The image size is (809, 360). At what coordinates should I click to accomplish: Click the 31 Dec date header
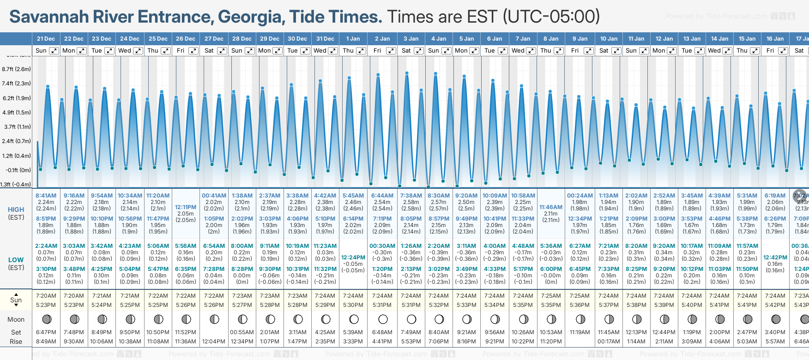325,39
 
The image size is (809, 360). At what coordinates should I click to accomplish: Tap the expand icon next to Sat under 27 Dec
222,51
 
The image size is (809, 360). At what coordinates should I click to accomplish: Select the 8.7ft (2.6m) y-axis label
16,69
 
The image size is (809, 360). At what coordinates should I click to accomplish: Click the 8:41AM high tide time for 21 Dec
46,196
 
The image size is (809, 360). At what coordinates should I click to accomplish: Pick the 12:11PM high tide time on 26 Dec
186,207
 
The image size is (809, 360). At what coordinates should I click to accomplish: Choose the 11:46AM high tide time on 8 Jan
551,207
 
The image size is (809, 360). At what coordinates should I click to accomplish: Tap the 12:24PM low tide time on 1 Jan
353,258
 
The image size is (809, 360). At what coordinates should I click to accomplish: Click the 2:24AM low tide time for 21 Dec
46,246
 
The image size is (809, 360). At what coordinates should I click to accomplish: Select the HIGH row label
16,210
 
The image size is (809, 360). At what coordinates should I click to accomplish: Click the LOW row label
16,260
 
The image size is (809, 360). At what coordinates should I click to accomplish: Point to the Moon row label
16,319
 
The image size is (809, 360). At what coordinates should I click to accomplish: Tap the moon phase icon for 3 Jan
411,319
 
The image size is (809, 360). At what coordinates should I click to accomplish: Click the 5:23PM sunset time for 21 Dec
46,305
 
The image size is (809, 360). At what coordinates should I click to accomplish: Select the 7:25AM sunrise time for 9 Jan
580,296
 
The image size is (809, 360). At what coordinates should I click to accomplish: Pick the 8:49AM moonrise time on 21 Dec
46,342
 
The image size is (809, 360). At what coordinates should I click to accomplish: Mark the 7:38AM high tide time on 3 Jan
411,196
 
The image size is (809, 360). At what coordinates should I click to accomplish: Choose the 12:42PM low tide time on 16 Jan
775,258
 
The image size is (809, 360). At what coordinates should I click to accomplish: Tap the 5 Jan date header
467,39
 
